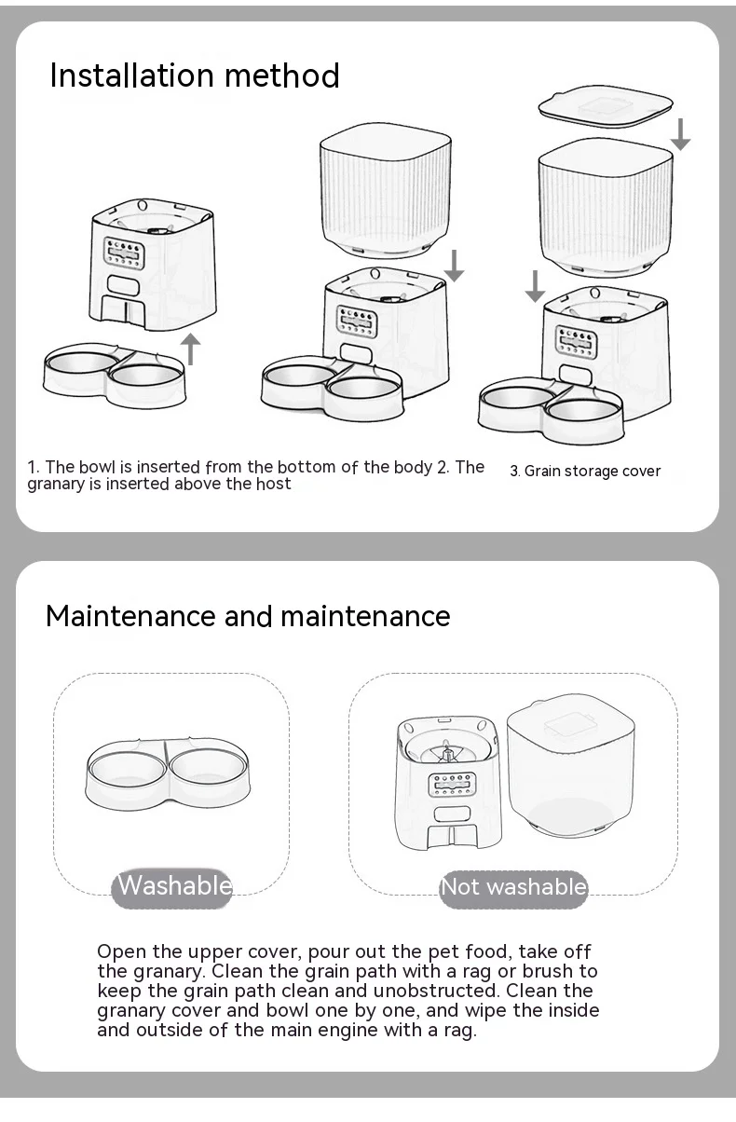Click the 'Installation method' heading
click(195, 75)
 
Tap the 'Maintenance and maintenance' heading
click(248, 616)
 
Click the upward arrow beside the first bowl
click(190, 349)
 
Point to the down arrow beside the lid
click(680, 134)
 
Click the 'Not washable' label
click(513, 887)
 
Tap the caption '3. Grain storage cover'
click(585, 472)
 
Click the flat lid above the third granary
click(606, 105)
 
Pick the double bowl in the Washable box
click(168, 773)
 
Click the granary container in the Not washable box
click(571, 765)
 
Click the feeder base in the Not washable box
click(449, 784)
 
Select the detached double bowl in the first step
click(115, 375)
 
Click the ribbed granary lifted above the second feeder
click(386, 190)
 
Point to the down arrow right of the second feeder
click(454, 266)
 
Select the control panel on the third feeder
click(577, 342)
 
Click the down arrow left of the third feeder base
click(535, 286)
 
